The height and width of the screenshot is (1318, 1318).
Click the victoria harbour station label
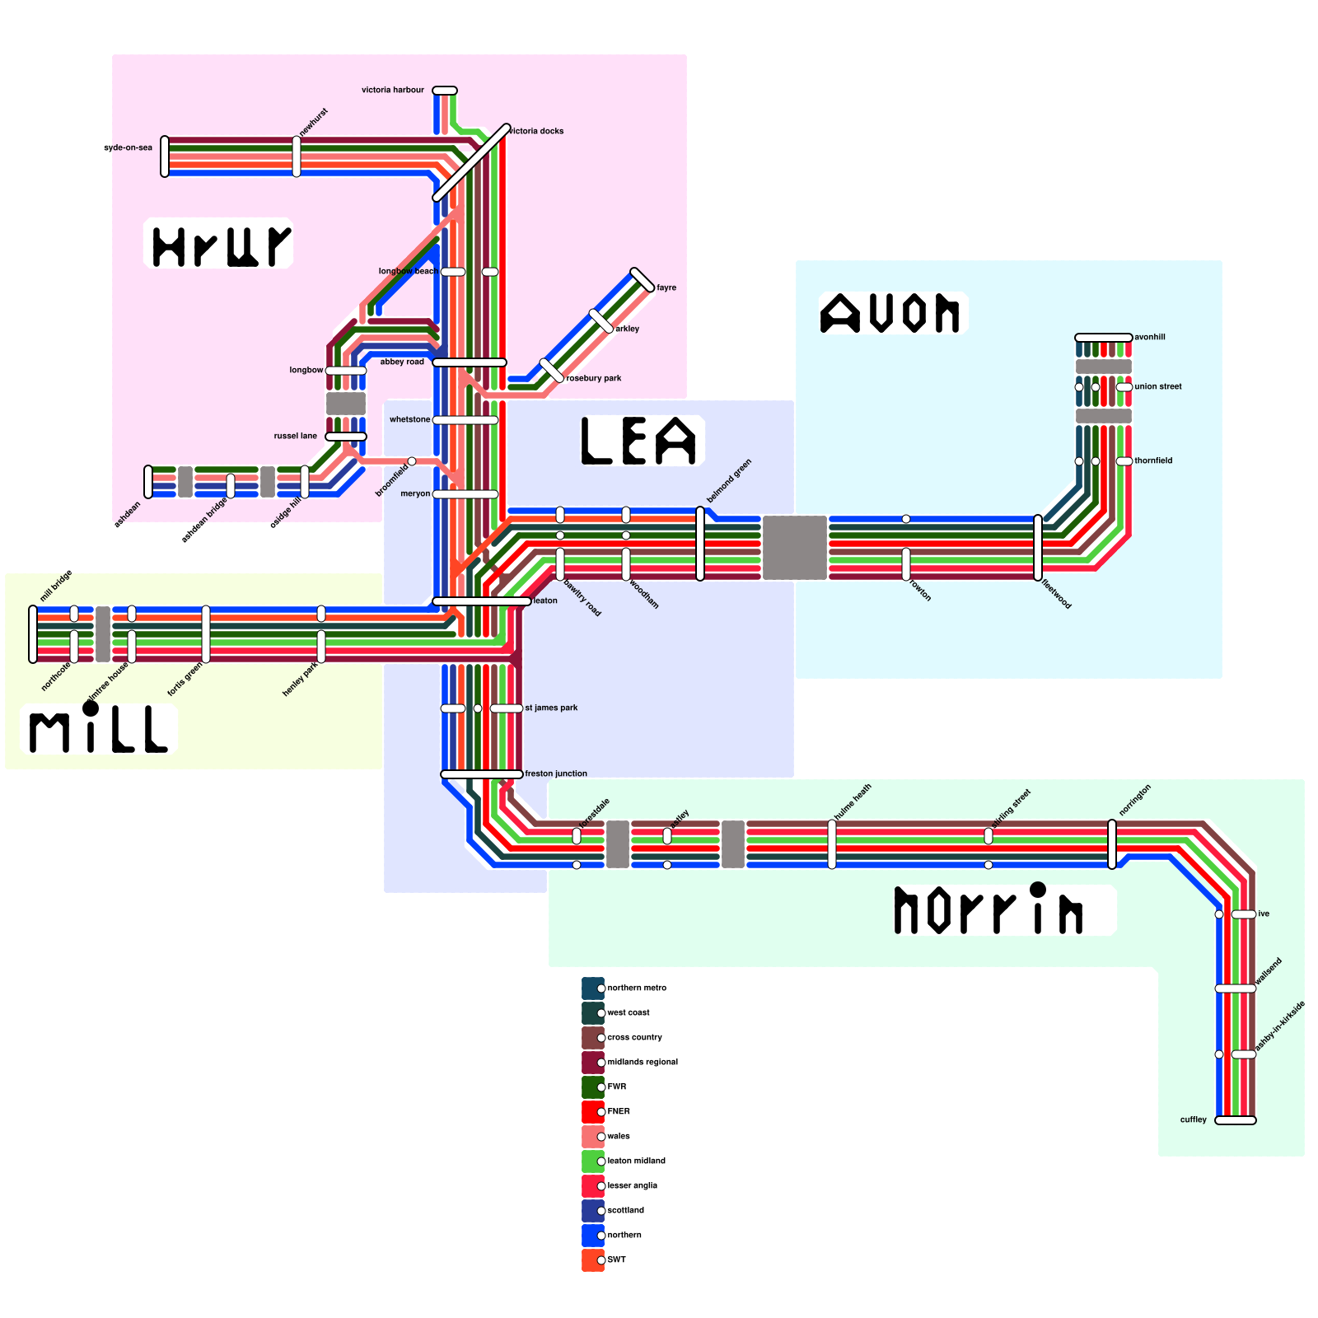point(393,90)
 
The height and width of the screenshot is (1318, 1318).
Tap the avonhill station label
point(1149,337)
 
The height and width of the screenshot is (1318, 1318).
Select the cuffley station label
point(1193,1119)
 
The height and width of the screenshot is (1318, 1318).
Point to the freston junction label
point(556,774)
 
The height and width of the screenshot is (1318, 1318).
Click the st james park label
point(551,708)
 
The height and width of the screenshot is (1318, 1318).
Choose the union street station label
point(1157,386)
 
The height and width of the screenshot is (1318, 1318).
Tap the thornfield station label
point(1153,460)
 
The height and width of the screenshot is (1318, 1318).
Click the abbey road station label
point(402,362)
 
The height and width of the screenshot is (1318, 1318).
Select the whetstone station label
point(409,419)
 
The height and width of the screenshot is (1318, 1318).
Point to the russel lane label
point(295,436)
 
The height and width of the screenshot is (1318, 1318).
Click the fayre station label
point(666,287)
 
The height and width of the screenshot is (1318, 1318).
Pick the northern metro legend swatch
point(593,988)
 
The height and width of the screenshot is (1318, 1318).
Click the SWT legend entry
point(616,1260)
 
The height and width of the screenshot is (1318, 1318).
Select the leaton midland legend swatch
point(593,1161)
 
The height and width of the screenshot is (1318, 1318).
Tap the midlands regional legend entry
point(642,1062)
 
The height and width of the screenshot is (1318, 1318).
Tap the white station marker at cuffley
point(1236,1120)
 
